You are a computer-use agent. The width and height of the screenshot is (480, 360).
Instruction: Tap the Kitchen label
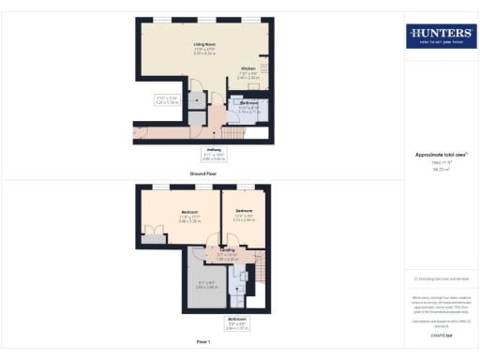247,69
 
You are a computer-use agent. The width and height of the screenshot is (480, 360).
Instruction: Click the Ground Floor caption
204,173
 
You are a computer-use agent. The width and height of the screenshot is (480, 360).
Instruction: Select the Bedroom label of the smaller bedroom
244,211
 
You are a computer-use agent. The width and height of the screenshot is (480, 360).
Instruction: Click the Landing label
228,251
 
